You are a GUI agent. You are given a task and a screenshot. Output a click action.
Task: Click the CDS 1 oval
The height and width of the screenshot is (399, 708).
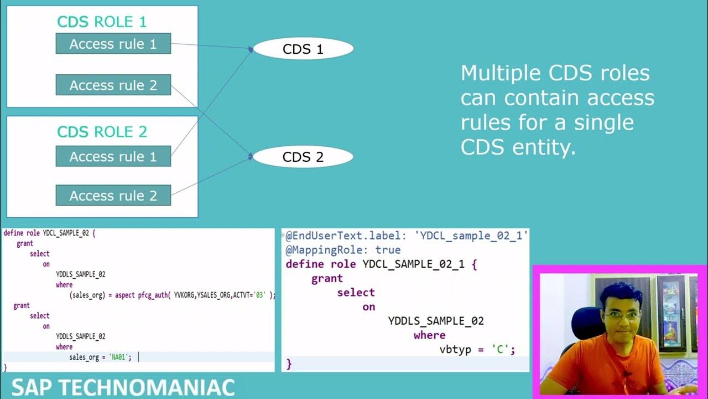[x=303, y=49]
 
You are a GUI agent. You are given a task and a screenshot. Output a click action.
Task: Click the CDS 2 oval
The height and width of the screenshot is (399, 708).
[x=303, y=157]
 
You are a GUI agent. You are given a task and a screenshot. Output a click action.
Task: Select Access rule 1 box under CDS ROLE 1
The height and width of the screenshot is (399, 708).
[x=113, y=44]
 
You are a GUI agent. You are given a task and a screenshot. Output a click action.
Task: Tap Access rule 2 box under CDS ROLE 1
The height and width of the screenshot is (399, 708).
[x=113, y=85]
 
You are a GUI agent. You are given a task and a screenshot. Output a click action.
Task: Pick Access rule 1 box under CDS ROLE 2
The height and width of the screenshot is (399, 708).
[x=113, y=156]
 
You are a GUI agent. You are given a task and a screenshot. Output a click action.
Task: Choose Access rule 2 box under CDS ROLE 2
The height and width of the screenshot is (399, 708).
[x=113, y=195]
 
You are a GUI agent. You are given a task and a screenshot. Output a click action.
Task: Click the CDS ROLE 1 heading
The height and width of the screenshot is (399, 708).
[x=102, y=22]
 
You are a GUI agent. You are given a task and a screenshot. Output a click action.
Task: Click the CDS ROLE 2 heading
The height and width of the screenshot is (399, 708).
[x=102, y=132]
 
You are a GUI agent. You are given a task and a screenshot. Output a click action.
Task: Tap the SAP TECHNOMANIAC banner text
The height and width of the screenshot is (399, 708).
[x=123, y=387]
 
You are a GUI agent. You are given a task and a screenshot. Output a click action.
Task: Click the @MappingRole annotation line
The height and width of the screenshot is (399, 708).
[x=343, y=250]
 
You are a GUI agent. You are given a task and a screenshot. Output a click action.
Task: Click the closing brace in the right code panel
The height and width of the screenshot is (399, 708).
[x=289, y=364]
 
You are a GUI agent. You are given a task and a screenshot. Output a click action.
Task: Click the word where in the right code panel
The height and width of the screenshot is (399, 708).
[x=429, y=335]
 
